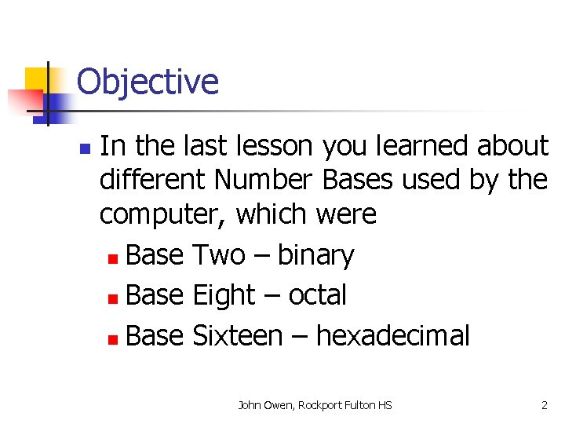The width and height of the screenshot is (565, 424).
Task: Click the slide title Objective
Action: pyautogui.click(x=148, y=82)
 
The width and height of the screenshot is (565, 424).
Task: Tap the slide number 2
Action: pyautogui.click(x=544, y=405)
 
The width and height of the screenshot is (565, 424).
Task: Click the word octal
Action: pyautogui.click(x=317, y=295)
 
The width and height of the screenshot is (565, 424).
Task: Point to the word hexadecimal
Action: pyautogui.click(x=392, y=336)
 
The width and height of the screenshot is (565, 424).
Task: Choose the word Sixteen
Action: pyautogui.click(x=237, y=336)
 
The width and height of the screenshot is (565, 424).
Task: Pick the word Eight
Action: pyautogui.click(x=224, y=295)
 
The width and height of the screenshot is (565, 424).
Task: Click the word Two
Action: pyautogui.click(x=218, y=256)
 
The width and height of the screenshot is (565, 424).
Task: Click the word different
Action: pyautogui.click(x=153, y=180)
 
